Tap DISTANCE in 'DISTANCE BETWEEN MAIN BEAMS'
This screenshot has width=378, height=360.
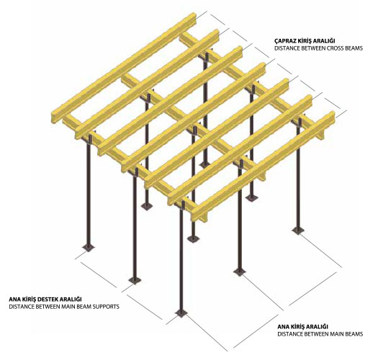289,334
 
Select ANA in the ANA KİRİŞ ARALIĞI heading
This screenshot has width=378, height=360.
282,327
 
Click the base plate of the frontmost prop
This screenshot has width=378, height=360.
181,313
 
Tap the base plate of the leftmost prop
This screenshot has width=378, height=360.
89,248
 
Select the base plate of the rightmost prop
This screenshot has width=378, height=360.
298,230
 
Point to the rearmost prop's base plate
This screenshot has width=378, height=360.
205,164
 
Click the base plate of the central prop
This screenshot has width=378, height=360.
194,238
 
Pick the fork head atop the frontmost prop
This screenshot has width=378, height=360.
182,204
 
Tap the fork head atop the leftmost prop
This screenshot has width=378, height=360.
89,139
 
